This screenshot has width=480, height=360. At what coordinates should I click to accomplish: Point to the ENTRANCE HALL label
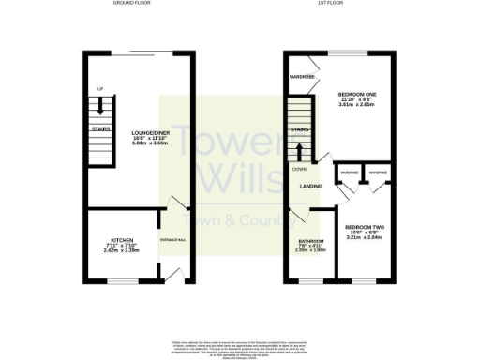[x=173, y=241]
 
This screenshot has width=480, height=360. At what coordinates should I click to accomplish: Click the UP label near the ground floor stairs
[x=98, y=89]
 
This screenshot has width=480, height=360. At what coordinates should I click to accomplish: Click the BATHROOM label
[x=310, y=241]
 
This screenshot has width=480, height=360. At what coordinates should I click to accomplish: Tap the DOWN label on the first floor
[x=299, y=169]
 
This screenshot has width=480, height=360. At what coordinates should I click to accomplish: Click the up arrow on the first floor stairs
[x=300, y=150]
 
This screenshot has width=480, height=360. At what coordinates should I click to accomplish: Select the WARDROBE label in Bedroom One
[x=301, y=76]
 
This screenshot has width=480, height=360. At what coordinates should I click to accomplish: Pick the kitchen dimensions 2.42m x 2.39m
[x=123, y=251]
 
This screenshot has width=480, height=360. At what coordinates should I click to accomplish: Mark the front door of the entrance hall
[x=173, y=274]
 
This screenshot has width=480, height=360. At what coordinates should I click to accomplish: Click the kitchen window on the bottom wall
[x=122, y=280]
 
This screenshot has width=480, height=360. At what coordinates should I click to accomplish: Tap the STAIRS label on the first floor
[x=300, y=129]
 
